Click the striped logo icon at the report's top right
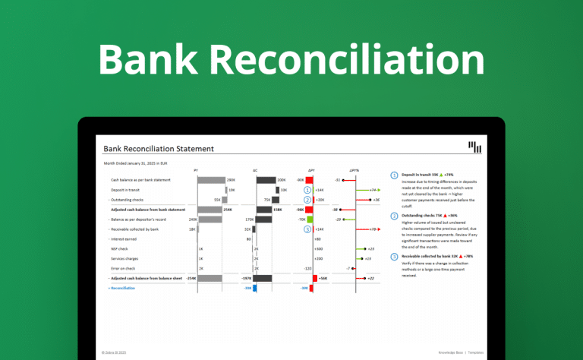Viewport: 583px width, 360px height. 475,147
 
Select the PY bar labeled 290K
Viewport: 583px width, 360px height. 212,180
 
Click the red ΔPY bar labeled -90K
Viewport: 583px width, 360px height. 309,180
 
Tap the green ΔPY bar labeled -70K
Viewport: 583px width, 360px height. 310,219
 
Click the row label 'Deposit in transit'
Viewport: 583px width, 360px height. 126,190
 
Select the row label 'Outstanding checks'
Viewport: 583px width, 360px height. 128,200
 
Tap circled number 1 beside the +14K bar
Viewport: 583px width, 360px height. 307,190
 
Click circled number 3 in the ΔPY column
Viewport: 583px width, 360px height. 307,229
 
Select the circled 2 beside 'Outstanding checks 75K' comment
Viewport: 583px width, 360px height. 394,216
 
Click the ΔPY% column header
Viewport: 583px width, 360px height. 354,170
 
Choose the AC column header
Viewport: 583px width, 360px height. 255,170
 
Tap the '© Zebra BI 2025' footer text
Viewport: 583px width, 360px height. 114,352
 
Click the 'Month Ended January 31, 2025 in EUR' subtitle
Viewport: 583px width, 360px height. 133,163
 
